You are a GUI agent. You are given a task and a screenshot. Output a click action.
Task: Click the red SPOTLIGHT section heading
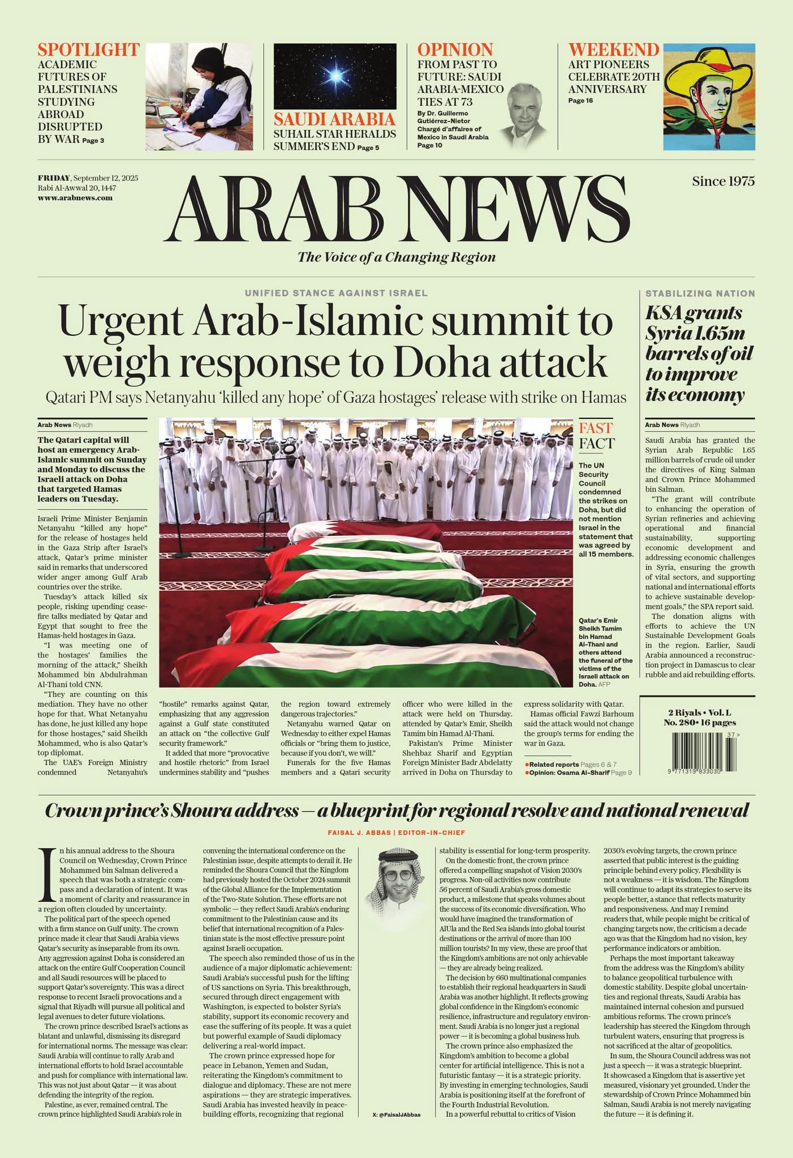click(88, 50)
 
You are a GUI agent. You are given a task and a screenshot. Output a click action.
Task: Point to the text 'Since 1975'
click(723, 182)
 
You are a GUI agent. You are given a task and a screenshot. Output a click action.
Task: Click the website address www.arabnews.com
click(75, 198)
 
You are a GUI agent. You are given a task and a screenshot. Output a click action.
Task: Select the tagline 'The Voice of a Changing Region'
click(396, 257)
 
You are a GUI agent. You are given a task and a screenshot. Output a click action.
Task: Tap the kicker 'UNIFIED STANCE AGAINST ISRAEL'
click(336, 293)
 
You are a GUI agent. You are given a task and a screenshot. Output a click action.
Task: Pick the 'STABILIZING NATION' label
click(700, 293)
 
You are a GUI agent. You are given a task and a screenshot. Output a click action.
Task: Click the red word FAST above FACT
click(596, 427)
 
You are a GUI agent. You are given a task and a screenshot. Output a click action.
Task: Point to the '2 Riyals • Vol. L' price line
click(700, 712)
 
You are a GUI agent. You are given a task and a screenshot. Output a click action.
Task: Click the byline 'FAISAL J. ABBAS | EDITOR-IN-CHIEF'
click(396, 832)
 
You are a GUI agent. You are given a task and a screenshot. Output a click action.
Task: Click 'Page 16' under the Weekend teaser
click(580, 101)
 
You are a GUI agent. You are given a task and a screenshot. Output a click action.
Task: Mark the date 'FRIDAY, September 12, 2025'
click(88, 178)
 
